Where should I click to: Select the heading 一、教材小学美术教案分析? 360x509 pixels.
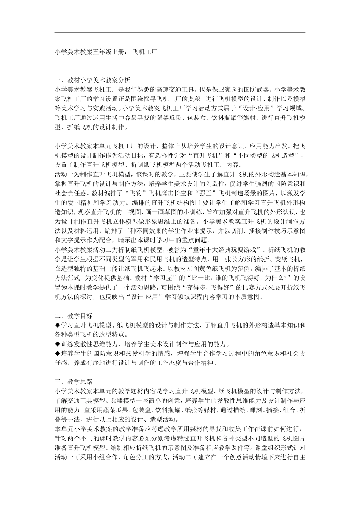[x=92, y=80]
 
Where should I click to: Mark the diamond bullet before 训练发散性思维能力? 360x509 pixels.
[x=58, y=344]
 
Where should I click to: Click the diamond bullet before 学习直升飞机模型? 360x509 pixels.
[x=58, y=325]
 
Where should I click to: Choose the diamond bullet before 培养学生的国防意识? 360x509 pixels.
[x=58, y=354]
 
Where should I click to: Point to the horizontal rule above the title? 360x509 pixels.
[x=180, y=32]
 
